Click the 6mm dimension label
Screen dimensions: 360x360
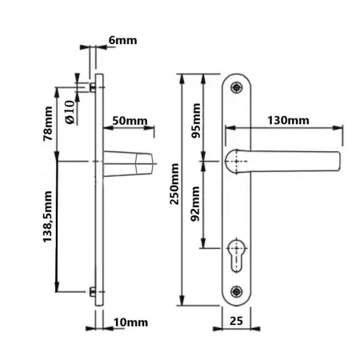coord(122,38)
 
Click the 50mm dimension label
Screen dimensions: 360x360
coord(130,121)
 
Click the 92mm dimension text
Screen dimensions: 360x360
coord(196,212)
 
